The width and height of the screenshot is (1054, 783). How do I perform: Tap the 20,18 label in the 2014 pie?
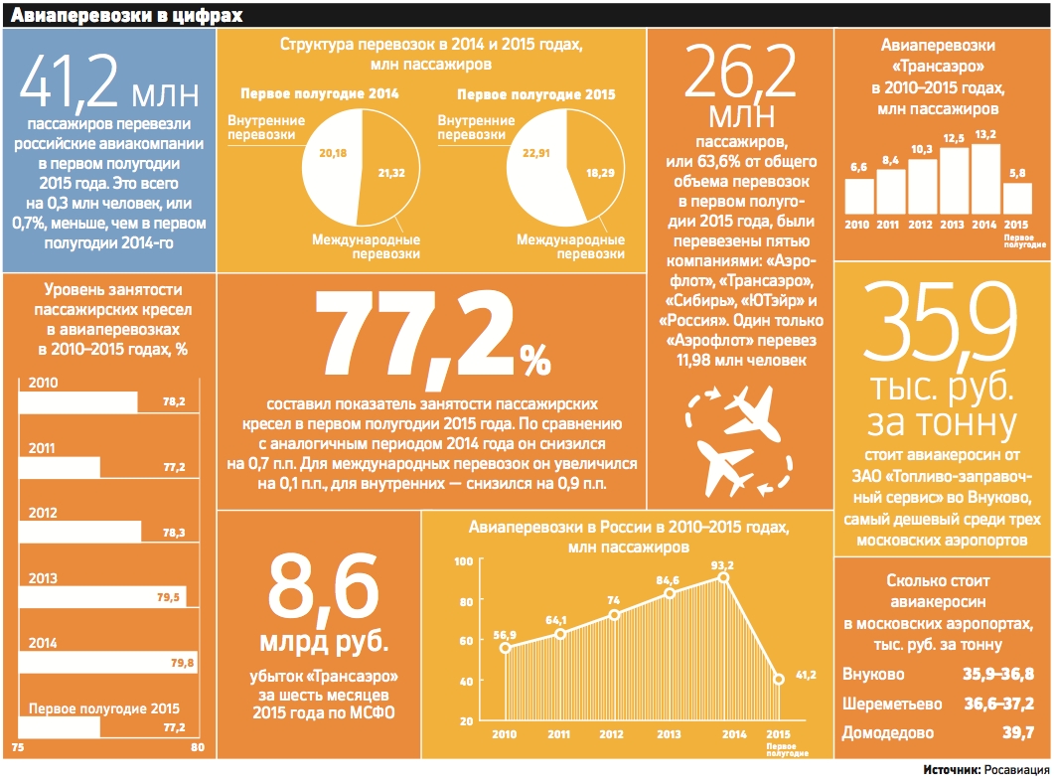332,154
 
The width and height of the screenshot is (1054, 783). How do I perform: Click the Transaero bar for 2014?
986,179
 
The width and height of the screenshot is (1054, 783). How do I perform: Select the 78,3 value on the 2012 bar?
175,533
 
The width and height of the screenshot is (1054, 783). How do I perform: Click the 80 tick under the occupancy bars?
197,746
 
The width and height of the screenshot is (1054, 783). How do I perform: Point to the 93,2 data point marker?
724,577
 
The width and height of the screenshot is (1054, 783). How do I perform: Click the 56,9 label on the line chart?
505,634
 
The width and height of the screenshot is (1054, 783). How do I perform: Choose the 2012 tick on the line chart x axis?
612,734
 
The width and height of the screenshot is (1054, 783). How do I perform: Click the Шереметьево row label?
892,704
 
